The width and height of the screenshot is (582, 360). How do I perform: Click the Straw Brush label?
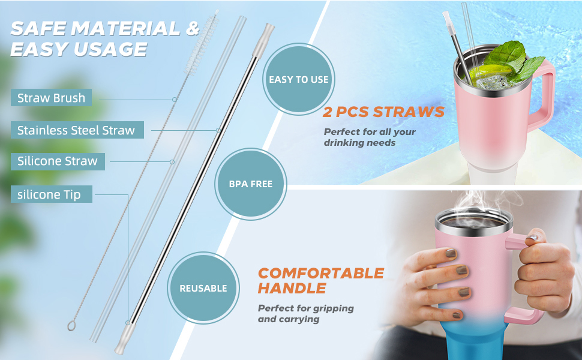tap(51, 98)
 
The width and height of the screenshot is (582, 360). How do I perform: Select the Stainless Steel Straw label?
tap(77, 130)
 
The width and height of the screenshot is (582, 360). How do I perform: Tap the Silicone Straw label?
tap(58, 161)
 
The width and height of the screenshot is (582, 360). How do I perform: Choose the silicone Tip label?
tap(51, 194)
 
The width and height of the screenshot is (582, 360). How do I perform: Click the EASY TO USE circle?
tap(299, 79)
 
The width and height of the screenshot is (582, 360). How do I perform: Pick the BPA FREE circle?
tap(251, 184)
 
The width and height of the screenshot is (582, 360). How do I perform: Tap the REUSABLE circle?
tap(203, 288)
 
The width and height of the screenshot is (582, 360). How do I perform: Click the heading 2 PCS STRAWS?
tap(383, 112)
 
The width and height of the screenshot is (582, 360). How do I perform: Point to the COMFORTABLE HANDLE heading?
tap(320, 281)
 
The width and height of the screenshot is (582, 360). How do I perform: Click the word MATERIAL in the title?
tap(125, 29)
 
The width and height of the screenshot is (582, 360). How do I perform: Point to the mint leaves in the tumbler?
tap(514, 60)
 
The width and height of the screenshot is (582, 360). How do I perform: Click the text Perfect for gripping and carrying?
tap(306, 314)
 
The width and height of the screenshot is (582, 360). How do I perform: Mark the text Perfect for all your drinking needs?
tap(370, 137)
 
